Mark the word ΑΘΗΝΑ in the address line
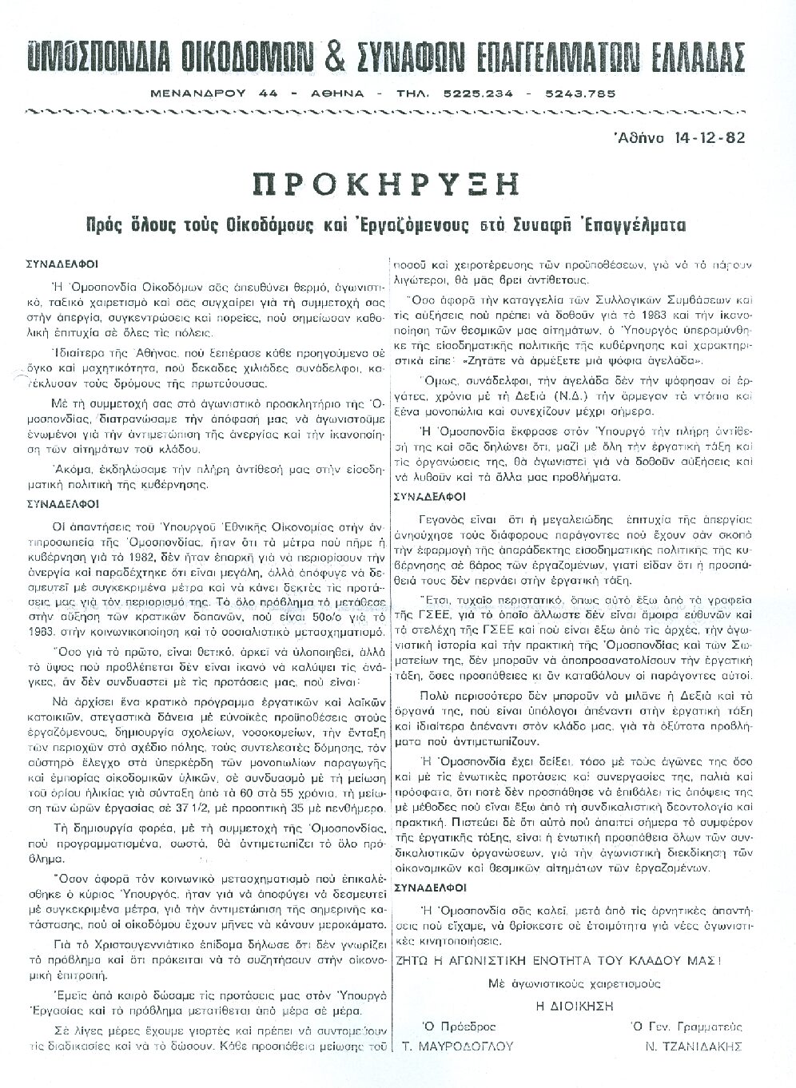335,94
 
